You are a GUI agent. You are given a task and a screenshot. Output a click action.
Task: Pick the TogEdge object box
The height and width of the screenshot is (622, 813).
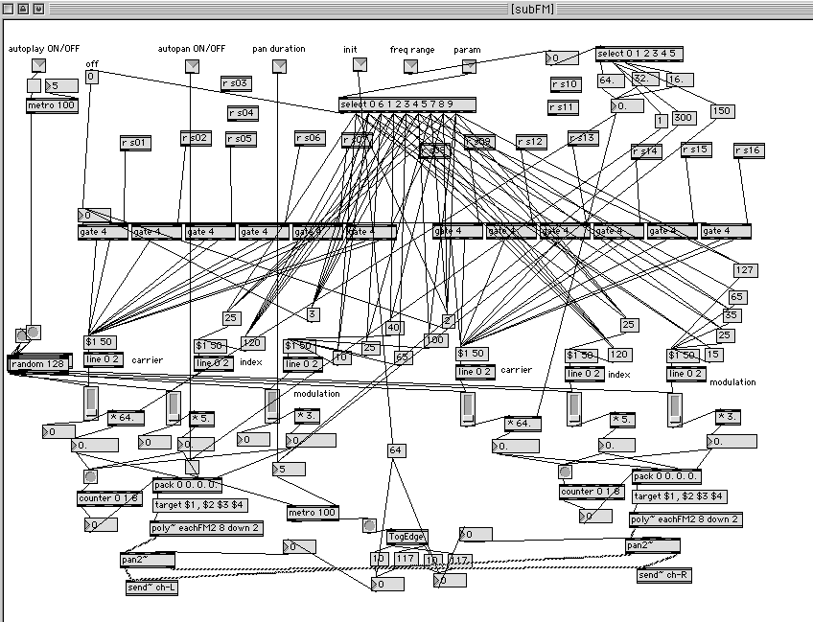(407, 537)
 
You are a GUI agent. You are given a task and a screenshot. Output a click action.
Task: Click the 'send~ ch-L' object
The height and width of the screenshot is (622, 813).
(152, 586)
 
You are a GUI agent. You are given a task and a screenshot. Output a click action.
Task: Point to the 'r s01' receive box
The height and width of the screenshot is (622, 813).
(136, 143)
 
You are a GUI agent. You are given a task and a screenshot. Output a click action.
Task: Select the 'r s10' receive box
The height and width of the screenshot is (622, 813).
(565, 84)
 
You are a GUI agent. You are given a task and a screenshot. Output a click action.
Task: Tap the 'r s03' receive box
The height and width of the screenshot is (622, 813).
(236, 83)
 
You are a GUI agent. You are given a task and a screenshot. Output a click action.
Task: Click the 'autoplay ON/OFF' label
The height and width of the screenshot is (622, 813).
(40, 48)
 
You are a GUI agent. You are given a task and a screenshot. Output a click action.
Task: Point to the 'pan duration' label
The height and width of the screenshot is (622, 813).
(279, 48)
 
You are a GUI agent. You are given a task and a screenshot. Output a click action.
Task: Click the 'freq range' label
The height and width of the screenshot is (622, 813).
(411, 49)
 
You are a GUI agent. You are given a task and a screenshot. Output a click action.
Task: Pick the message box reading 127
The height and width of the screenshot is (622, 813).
(746, 270)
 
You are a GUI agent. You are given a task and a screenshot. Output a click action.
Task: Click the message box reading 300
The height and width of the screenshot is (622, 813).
(683, 118)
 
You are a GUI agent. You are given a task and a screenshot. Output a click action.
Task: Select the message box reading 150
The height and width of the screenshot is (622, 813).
(723, 111)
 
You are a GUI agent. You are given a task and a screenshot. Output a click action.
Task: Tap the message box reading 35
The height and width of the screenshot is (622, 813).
(732, 314)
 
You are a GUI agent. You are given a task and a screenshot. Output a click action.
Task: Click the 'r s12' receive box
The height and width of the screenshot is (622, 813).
(530, 142)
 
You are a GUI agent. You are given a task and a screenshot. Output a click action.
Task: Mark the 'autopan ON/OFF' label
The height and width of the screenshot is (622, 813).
(192, 48)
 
